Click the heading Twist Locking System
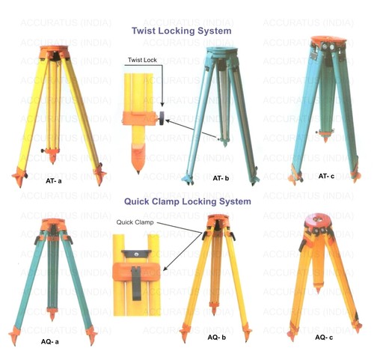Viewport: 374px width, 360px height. point(182,31)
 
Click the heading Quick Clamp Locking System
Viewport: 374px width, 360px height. point(188,201)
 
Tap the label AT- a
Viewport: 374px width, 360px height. point(53,181)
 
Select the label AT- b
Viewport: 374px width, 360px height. point(221,178)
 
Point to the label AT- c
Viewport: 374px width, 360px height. point(326,176)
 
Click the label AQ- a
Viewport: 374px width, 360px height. point(50,341)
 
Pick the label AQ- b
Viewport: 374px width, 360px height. point(217,338)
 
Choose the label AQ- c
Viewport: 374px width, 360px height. point(324,338)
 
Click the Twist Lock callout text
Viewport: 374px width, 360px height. point(142,60)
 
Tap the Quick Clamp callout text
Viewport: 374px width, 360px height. point(135,222)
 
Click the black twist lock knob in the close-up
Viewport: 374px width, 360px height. point(162,118)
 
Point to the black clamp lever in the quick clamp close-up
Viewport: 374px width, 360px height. point(136,283)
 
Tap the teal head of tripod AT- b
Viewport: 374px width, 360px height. point(221,53)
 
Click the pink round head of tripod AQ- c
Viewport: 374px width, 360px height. point(318,220)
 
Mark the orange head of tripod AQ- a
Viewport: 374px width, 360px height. point(53,225)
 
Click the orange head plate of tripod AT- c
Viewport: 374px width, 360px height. point(328,40)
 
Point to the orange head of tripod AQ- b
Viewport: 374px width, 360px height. point(218,221)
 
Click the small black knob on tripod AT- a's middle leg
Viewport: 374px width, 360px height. point(43,150)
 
